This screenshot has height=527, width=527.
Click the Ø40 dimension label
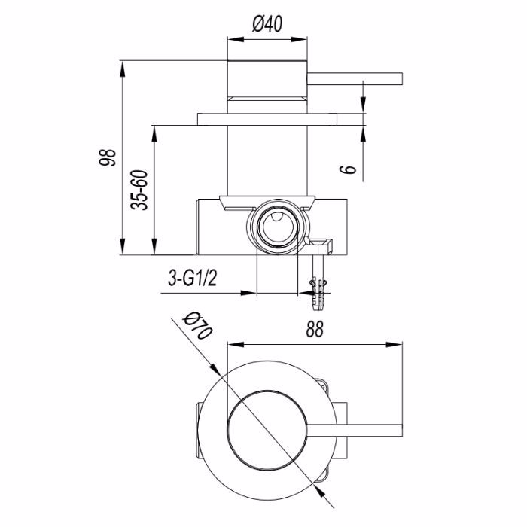267,24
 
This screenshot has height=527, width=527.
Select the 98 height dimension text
107,157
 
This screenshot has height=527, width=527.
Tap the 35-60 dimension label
139,190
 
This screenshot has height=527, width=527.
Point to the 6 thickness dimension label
349,169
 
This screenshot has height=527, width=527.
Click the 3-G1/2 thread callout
192,279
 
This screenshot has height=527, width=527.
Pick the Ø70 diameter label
197,326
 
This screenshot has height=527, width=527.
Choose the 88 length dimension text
315,329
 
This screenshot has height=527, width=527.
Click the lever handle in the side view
355,78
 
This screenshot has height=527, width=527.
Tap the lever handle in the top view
355,431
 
